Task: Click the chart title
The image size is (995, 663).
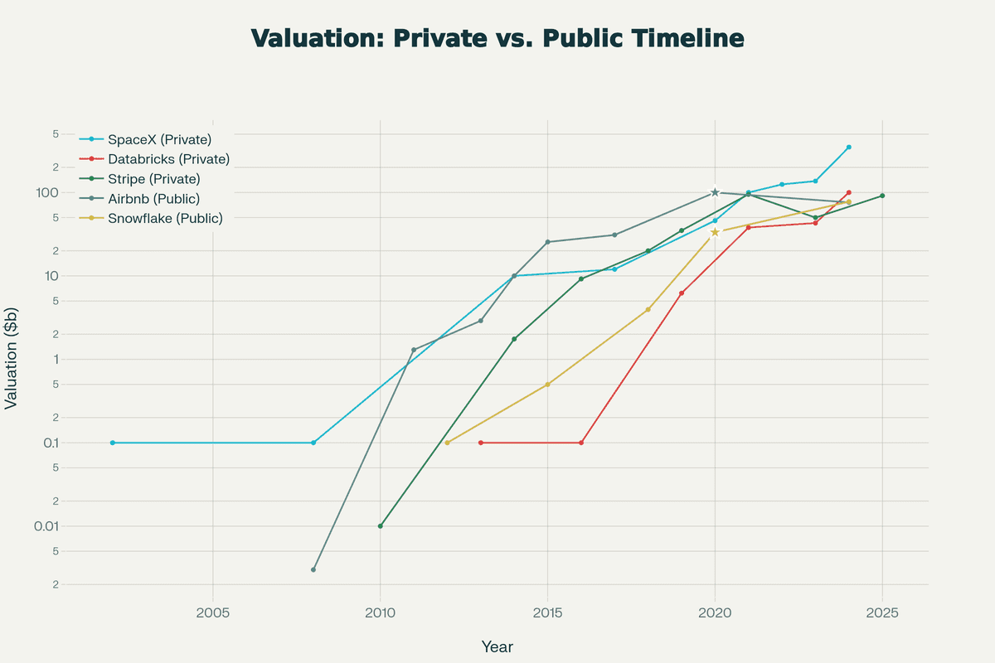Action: [x=498, y=39]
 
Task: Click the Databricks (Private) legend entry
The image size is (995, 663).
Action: [x=168, y=158]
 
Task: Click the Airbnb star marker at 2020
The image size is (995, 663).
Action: [x=715, y=192]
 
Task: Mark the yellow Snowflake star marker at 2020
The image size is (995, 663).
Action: [x=715, y=232]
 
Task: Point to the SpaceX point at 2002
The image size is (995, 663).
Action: [x=113, y=443]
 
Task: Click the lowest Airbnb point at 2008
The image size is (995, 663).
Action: [x=313, y=570]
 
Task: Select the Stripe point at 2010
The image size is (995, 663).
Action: [x=381, y=526]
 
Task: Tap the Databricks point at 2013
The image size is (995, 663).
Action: [x=481, y=443]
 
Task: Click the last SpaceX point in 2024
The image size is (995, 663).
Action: [x=849, y=147]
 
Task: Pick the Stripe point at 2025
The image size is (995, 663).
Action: [x=882, y=196]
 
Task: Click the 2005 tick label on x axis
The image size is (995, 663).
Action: [x=213, y=614]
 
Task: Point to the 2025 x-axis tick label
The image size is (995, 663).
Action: [x=882, y=614]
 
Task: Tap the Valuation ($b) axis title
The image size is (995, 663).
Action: [x=12, y=357]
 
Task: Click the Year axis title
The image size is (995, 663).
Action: [x=498, y=646]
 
